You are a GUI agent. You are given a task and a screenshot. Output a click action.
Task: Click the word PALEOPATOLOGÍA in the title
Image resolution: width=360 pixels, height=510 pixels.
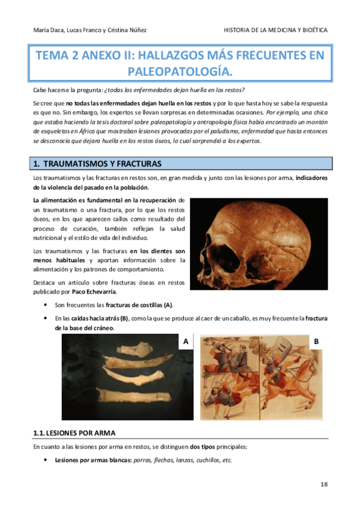[x=180, y=72]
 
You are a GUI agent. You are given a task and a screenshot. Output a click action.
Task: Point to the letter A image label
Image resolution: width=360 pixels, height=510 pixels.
[x=186, y=342]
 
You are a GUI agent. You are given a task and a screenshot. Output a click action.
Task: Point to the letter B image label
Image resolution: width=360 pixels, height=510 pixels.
[x=316, y=342]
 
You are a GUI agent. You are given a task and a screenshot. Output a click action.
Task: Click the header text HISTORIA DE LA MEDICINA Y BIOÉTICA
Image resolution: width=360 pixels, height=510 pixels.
[x=275, y=30]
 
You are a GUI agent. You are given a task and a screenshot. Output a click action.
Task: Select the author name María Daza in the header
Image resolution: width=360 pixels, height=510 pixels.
[x=46, y=30]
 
